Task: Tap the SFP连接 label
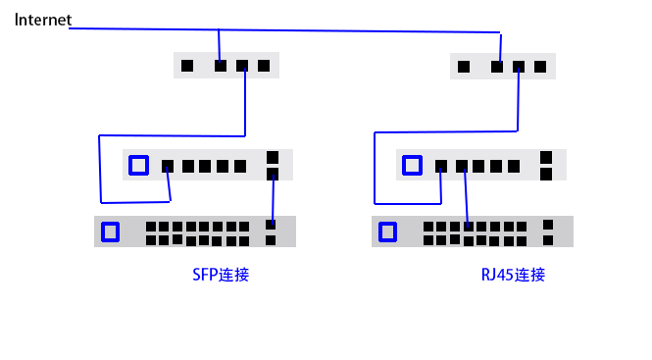click(x=221, y=275)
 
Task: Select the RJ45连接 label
click(x=513, y=275)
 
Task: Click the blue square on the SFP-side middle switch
click(x=138, y=165)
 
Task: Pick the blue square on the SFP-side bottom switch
click(x=110, y=231)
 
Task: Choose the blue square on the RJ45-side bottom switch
click(x=388, y=231)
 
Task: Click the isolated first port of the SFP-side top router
click(x=187, y=67)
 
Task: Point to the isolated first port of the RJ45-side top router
click(x=463, y=67)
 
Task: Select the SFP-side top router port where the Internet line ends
click(x=221, y=67)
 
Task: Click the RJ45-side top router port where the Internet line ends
click(x=498, y=67)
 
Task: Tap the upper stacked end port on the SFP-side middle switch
click(x=273, y=157)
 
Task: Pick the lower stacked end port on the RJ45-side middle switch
click(x=546, y=175)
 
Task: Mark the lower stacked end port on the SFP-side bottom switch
click(x=271, y=240)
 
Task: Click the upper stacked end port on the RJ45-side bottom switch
click(x=548, y=225)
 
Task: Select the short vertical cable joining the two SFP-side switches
click(x=273, y=201)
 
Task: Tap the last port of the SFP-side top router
click(x=264, y=67)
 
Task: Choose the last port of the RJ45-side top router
click(x=540, y=67)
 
